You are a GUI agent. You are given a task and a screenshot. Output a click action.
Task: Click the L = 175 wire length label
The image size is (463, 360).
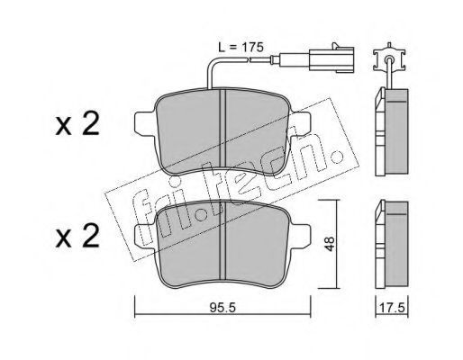pos(241,47)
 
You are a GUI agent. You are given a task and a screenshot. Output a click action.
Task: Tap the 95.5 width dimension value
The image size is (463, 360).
pos(222,308)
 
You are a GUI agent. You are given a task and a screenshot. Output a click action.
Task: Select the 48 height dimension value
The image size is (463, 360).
pos(330,244)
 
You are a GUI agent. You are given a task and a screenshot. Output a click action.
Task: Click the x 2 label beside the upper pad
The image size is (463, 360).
pos(77,125)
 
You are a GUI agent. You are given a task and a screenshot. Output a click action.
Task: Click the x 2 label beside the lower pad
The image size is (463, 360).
pos(77,237)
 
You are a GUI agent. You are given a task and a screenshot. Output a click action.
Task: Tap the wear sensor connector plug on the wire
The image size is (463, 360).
pos(331,59)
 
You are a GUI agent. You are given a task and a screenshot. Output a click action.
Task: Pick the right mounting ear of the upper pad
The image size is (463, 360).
pos(299,123)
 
